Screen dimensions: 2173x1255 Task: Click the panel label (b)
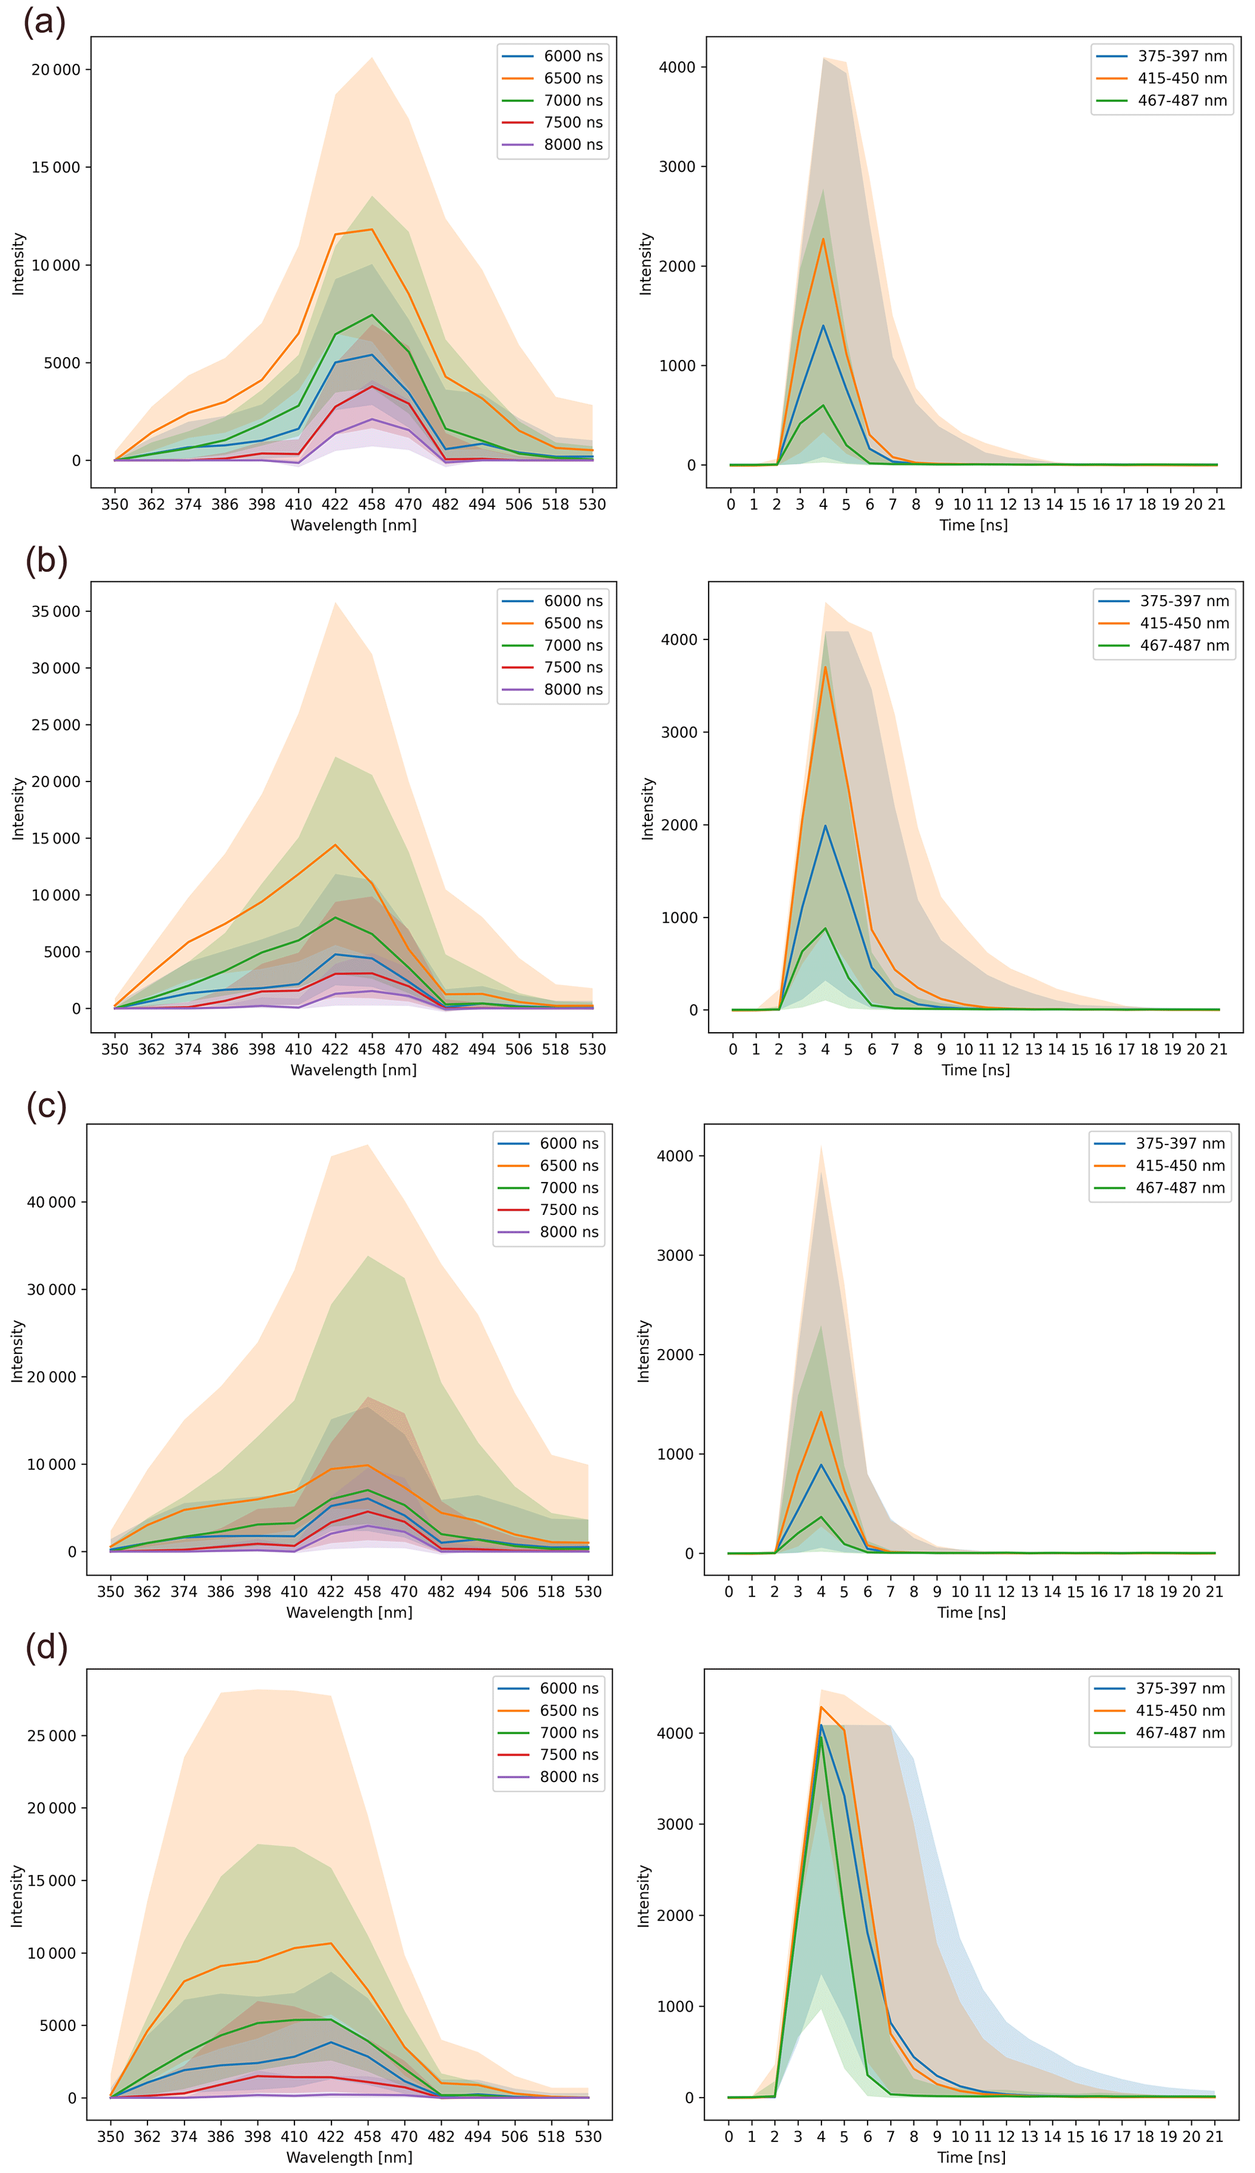click(x=47, y=560)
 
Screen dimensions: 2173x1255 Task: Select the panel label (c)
click(x=47, y=1105)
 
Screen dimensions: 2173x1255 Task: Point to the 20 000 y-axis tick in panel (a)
click(x=56, y=70)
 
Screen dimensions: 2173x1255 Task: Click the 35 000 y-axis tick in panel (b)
click(x=56, y=612)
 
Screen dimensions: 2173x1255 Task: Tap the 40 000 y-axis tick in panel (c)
click(x=51, y=1202)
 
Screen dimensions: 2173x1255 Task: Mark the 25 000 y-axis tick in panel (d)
click(x=51, y=1735)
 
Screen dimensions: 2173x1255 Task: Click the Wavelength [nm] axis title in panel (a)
click(x=353, y=525)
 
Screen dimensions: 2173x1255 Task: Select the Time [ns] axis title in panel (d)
click(x=971, y=2157)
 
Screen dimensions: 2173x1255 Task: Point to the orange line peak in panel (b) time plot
click(x=825, y=667)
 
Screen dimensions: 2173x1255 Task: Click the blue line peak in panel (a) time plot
click(x=823, y=326)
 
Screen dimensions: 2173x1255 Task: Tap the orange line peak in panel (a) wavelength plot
click(x=372, y=230)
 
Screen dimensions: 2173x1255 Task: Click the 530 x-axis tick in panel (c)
click(x=588, y=1592)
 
